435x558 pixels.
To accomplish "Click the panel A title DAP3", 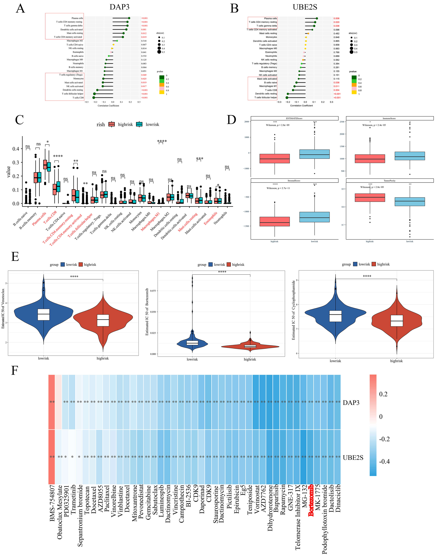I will coord(119,7).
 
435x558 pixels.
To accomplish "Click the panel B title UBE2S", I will coord(305,7).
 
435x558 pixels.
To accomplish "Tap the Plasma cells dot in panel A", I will coord(129,18).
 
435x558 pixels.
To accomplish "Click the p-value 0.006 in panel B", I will coord(336,18).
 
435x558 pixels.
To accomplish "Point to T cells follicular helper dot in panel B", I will coord(287,98).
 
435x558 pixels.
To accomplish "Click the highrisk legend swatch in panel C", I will coord(112,124).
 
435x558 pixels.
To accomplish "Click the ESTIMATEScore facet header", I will coord(294,118).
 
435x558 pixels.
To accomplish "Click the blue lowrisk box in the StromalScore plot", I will coord(315,217).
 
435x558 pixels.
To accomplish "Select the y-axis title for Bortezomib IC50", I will coord(147,312).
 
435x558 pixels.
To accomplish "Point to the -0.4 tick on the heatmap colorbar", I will coord(384,461).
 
